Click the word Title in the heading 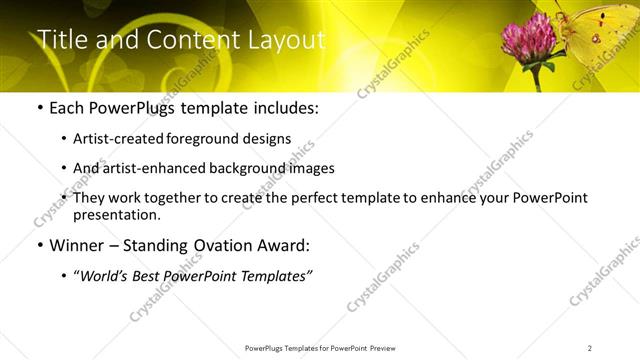tap(60, 39)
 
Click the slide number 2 tap(590, 348)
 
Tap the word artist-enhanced tap(150, 168)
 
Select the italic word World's tap(104, 275)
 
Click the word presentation tap(116, 215)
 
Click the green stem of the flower tap(537, 77)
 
